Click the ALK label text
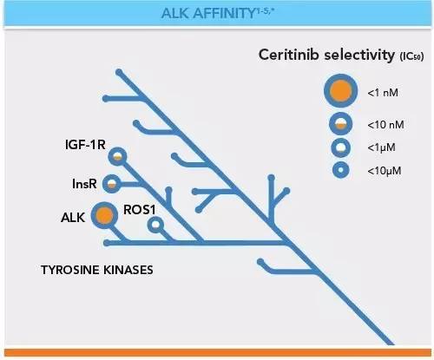(73, 218)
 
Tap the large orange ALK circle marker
(104, 215)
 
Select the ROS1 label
(140, 210)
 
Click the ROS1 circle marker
(155, 225)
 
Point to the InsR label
(84, 184)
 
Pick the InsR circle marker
(112, 184)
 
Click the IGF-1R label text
(85, 145)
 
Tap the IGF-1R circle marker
(117, 156)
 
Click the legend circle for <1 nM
(341, 91)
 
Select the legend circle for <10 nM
(341, 123)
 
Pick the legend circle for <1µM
(341, 147)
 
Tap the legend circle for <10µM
(341, 170)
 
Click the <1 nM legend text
(383, 93)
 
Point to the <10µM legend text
(385, 171)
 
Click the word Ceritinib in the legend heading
(289, 55)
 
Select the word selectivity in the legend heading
(359, 55)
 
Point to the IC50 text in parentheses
(411, 56)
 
